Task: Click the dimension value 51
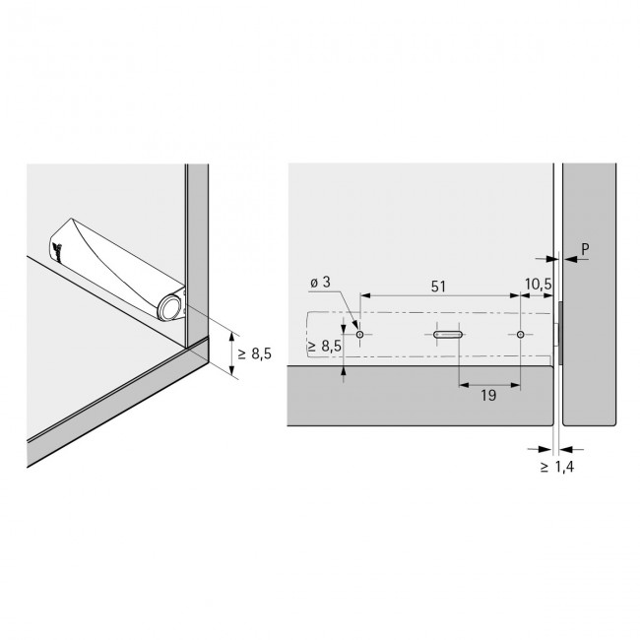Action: tap(439, 286)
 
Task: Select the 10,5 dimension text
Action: tap(539, 285)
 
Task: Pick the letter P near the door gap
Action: tap(584, 251)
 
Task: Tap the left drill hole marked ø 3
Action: tap(360, 335)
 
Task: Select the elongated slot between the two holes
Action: tap(447, 335)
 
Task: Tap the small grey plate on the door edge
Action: tap(560, 335)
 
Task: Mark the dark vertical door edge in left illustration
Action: tap(198, 256)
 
